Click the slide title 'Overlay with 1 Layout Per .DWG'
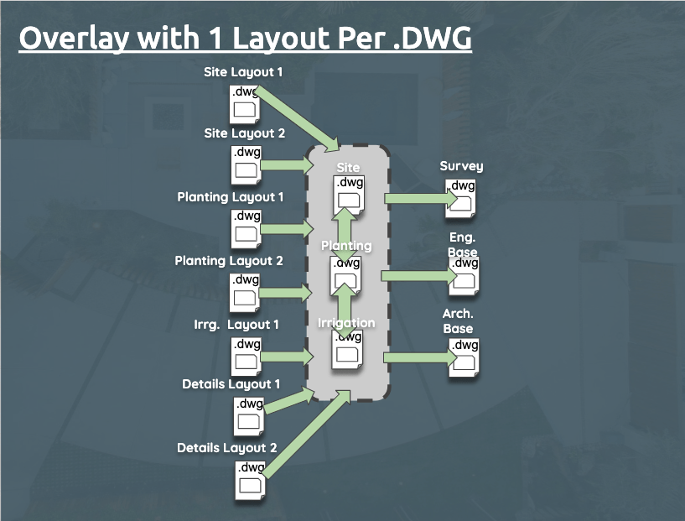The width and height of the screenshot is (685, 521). click(x=246, y=39)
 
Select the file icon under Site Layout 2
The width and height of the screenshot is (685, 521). click(x=246, y=164)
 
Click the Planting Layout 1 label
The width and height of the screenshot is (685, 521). click(x=231, y=197)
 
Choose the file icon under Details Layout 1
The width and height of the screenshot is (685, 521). click(x=249, y=415)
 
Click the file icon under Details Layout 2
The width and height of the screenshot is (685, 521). click(x=250, y=479)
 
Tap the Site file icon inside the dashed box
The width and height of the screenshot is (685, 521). click(x=349, y=193)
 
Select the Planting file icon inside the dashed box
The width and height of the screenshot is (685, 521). click(x=347, y=274)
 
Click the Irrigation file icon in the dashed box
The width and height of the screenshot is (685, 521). click(x=347, y=348)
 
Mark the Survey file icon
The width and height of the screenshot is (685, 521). click(x=463, y=198)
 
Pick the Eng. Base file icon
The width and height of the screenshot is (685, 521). click(x=464, y=275)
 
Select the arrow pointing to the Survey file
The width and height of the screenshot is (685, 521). click(x=420, y=199)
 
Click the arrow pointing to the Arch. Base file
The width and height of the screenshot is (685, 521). click(x=420, y=358)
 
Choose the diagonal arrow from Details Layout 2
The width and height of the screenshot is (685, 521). click(x=307, y=433)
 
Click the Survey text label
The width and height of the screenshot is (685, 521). click(x=461, y=166)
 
